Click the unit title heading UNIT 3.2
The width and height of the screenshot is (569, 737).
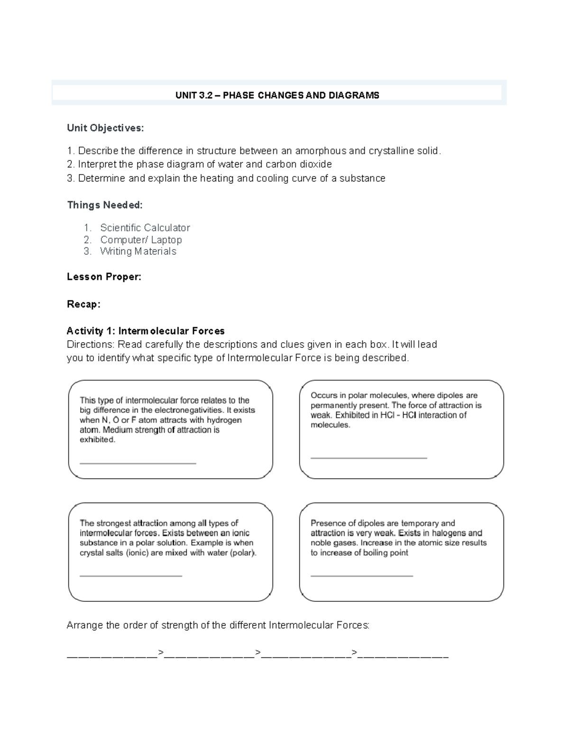coord(277,95)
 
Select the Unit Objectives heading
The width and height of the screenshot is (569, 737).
coord(105,128)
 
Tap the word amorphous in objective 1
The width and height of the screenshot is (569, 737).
coord(321,151)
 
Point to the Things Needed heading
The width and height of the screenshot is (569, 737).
coord(104,205)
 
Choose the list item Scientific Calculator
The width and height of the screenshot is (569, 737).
coord(145,228)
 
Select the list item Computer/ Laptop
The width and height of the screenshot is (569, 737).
coord(141,240)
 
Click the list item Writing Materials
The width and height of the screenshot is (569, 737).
coord(138,252)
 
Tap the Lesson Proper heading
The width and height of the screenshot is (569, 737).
coord(104,277)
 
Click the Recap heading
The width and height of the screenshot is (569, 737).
coord(83,304)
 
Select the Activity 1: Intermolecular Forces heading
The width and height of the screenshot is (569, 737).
coord(146,331)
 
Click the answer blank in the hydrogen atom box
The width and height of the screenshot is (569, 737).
coord(138,462)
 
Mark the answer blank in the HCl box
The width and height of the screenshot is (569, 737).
coord(368,457)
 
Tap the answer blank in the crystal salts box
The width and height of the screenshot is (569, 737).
coord(131,576)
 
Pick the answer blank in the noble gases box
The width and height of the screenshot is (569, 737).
coord(361,576)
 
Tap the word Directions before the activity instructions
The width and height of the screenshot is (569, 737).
coord(90,345)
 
